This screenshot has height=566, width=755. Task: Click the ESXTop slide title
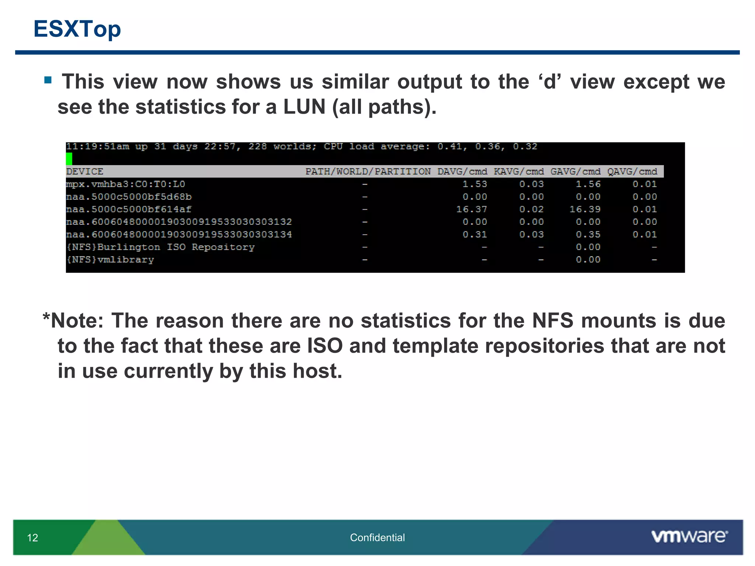click(x=77, y=29)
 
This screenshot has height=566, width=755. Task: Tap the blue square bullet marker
click(x=48, y=80)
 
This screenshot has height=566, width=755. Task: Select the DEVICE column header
click(x=85, y=172)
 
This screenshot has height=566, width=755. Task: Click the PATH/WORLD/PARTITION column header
click(x=368, y=172)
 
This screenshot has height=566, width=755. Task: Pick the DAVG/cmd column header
click(x=462, y=172)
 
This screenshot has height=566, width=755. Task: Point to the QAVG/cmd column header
click(x=632, y=172)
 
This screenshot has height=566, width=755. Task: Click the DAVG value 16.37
click(x=472, y=209)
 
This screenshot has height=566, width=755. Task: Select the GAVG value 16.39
click(x=585, y=209)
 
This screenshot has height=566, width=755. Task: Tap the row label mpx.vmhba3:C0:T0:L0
click(x=125, y=184)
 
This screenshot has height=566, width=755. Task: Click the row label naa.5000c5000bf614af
click(x=129, y=209)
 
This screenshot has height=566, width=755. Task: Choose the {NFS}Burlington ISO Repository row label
click(x=160, y=247)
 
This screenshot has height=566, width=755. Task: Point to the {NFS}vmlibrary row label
click(x=110, y=260)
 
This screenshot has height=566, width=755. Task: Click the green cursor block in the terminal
click(x=69, y=159)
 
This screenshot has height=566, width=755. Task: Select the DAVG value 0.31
click(x=475, y=235)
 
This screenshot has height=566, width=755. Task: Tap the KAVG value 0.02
click(x=531, y=209)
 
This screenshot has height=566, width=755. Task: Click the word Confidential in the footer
click(x=377, y=538)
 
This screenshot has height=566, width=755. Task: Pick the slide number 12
click(x=32, y=538)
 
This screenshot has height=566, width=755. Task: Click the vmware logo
click(x=689, y=536)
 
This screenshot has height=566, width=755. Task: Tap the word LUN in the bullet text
click(x=304, y=107)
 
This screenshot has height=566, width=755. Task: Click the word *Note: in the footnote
click(x=73, y=320)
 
